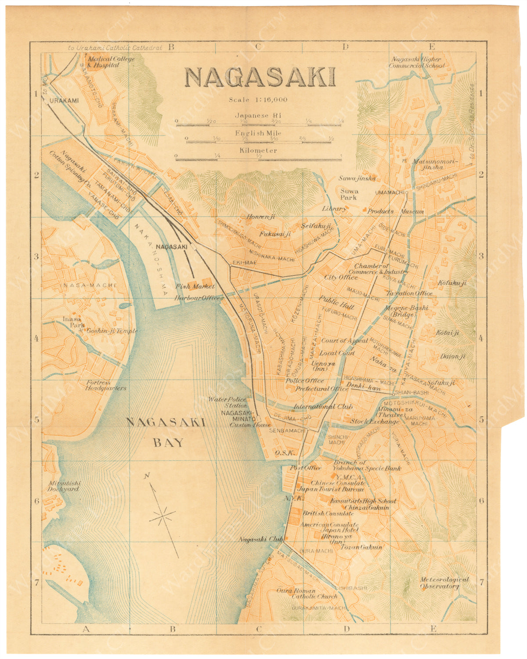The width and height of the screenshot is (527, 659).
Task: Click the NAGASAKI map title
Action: [260, 77]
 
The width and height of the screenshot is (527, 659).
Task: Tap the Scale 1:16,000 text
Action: [258, 100]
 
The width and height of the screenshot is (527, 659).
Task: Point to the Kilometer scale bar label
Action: [258, 150]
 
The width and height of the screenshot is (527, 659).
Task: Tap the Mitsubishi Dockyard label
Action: [64, 486]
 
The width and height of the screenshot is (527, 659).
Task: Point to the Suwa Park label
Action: [349, 194]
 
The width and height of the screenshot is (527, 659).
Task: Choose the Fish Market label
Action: [195, 286]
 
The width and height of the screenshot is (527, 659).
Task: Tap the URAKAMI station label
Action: [64, 101]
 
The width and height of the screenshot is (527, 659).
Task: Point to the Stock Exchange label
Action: [375, 422]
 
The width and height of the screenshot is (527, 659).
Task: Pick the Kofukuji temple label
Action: [451, 283]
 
